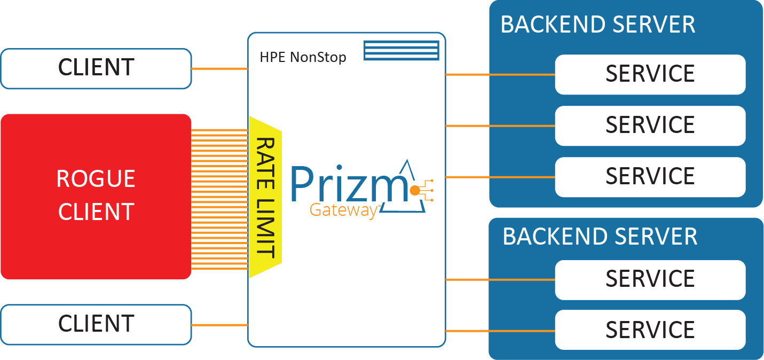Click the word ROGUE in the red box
[96, 179]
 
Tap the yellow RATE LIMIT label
[265, 198]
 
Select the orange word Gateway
[344, 210]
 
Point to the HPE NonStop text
[303, 57]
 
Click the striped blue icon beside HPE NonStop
[401, 50]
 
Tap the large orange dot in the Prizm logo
[414, 190]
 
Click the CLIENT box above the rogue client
[96, 68]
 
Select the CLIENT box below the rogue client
[96, 324]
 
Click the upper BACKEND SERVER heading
[597, 25]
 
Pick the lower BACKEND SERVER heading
[600, 237]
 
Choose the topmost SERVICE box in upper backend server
[650, 74]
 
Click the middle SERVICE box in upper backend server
[650, 126]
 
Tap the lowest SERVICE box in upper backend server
[650, 176]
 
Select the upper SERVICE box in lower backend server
[650, 279]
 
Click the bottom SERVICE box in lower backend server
[650, 330]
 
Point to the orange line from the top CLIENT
[219, 69]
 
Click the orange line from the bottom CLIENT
[219, 325]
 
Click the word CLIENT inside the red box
[96, 212]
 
